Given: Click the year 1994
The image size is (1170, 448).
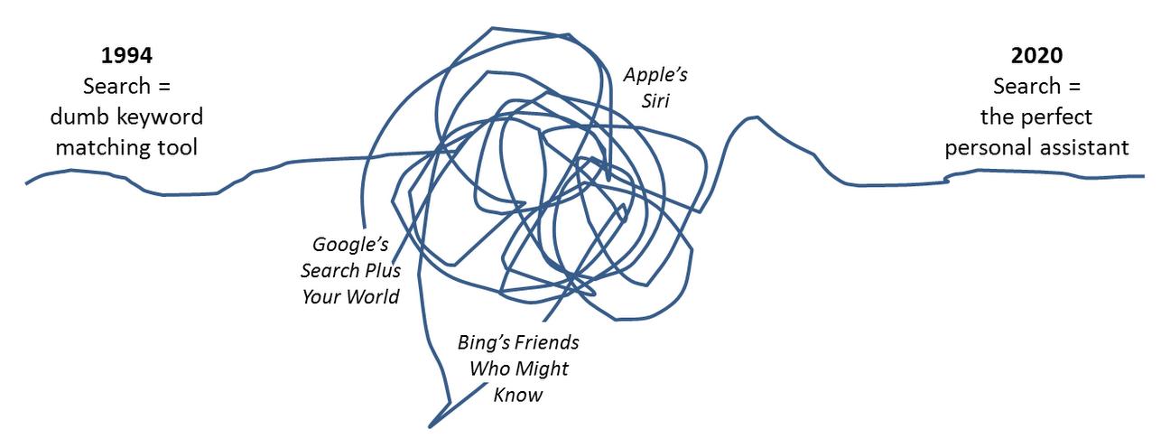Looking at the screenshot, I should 126,55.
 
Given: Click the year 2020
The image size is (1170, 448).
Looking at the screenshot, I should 1037,55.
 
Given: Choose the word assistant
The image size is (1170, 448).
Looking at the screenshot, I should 1087,146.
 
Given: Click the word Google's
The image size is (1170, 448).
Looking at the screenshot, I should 349,244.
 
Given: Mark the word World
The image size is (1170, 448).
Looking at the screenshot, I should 372,295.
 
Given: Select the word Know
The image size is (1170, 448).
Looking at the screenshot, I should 517,395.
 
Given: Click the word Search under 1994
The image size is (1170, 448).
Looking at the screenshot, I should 116,87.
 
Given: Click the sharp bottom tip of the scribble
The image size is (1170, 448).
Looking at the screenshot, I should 431,424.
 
